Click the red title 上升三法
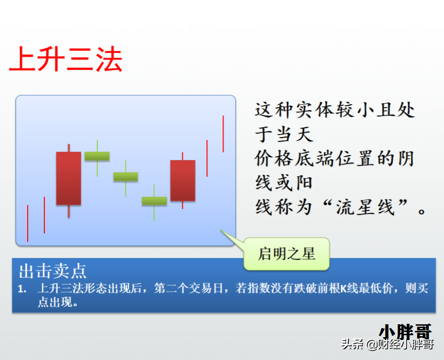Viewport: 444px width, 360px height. [x=66, y=59]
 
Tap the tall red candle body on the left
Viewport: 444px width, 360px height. [x=69, y=178]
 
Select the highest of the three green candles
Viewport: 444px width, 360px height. [x=97, y=156]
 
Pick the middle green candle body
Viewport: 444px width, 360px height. [x=126, y=177]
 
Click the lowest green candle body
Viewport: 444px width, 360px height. [x=154, y=200]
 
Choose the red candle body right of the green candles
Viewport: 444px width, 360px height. [x=182, y=180]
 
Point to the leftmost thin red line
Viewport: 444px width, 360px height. [x=28, y=223]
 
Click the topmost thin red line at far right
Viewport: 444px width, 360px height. [x=223, y=134]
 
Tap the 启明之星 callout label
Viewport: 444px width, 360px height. [x=287, y=254]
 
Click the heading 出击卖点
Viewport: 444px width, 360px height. [x=53, y=271]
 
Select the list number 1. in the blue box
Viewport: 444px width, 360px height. [x=22, y=289]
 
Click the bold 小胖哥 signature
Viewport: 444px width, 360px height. [x=405, y=331]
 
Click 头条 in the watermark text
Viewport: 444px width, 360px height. [x=353, y=344]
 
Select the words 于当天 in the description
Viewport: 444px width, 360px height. [x=284, y=134]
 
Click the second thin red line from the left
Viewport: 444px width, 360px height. [x=44, y=215]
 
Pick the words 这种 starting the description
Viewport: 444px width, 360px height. [x=274, y=110]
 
